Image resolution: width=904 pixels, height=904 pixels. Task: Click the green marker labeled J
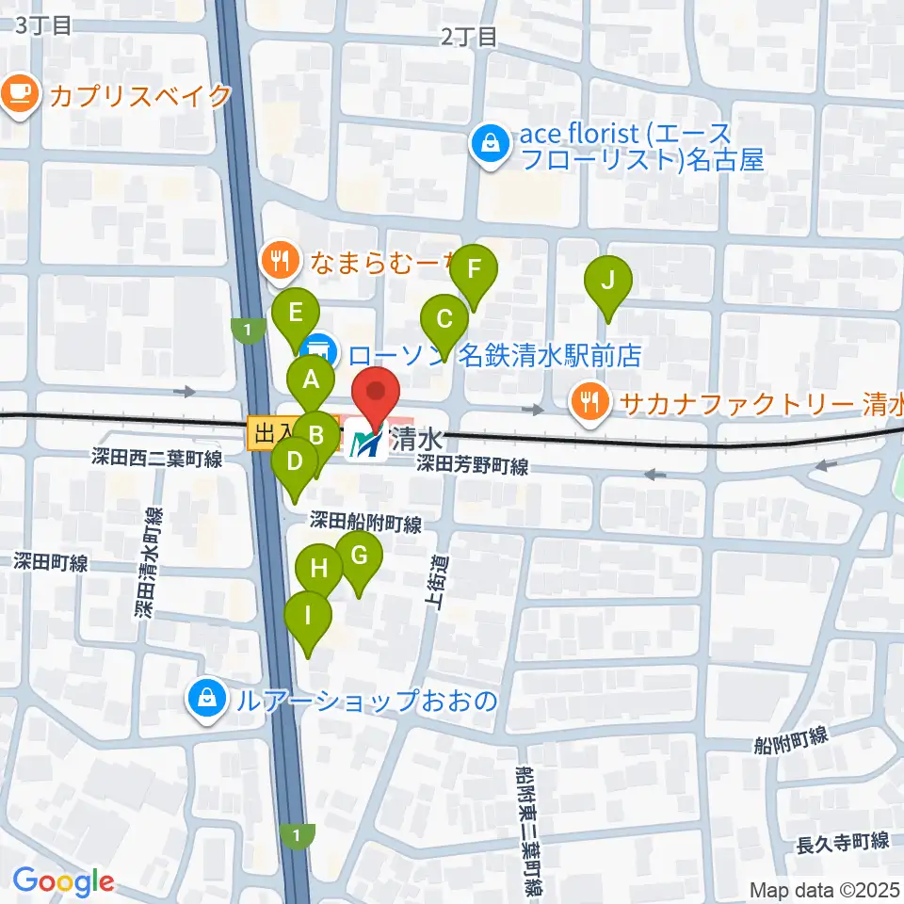click(x=608, y=281)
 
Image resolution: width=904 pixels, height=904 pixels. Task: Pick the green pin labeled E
click(x=296, y=313)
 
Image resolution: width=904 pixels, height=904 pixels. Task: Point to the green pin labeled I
click(x=308, y=617)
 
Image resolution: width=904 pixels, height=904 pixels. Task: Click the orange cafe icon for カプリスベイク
click(x=20, y=95)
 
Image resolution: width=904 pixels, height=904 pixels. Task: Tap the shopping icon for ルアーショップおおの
click(x=204, y=700)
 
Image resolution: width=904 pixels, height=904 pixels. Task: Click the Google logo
click(x=63, y=881)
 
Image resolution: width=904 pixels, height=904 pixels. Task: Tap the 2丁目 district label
click(x=468, y=37)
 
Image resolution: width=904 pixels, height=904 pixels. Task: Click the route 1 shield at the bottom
click(x=298, y=835)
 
